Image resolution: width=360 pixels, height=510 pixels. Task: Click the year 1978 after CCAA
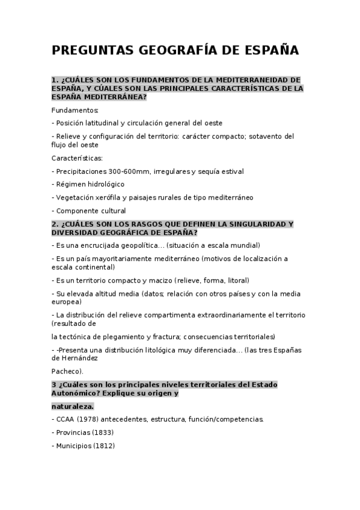(88, 419)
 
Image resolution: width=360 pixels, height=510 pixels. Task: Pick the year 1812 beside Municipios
(104, 446)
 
